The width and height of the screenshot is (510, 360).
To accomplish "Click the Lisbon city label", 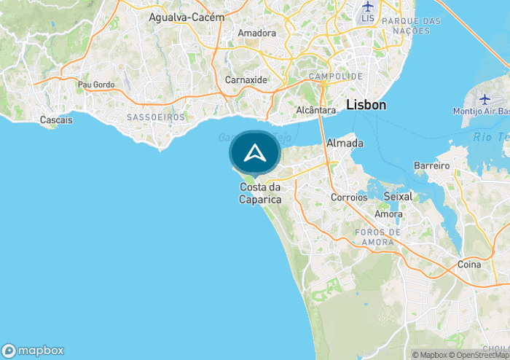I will click(366, 105).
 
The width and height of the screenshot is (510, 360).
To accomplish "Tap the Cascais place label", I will click(56, 120).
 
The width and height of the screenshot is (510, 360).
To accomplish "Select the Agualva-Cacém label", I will click(187, 16).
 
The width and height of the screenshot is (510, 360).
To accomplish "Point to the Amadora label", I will click(256, 33).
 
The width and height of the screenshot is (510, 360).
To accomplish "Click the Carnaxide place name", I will click(246, 79).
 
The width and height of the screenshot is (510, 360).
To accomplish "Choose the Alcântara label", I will click(316, 110).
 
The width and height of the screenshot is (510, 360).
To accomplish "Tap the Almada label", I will click(345, 143).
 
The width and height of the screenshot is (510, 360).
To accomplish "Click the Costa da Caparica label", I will click(261, 193).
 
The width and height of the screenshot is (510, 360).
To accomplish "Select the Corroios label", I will click(349, 197).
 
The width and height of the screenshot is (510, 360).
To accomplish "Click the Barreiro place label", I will click(433, 165).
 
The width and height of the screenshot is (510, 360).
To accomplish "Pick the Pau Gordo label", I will click(96, 85).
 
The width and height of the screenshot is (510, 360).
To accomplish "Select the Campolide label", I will click(336, 76).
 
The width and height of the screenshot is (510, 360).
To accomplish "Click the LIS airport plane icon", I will click(367, 5).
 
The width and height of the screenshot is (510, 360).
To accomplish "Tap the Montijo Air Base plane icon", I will click(486, 98).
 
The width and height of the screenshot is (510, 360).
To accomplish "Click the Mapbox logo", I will click(33, 349).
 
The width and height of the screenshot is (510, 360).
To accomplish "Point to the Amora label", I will click(388, 214).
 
